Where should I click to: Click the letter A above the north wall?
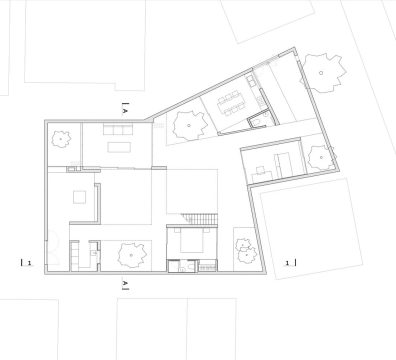(125, 110)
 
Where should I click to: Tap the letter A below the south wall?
(125, 283)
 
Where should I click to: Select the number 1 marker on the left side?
(29, 263)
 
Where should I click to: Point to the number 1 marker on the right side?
(287, 263)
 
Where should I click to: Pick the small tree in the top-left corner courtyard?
(61, 139)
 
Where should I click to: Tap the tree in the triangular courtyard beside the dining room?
(189, 125)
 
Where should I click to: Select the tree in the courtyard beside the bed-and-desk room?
(320, 158)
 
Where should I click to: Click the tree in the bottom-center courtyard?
(132, 255)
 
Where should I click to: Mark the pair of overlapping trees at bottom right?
(246, 251)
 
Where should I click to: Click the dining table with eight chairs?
(230, 103)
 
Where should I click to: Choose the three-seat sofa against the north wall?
(117, 130)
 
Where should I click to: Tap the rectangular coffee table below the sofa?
(119, 147)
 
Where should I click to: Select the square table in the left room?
(80, 196)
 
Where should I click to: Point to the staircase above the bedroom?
(201, 219)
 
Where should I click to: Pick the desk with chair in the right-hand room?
(262, 172)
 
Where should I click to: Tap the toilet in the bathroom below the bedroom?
(190, 267)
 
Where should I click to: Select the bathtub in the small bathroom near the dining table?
(257, 123)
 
